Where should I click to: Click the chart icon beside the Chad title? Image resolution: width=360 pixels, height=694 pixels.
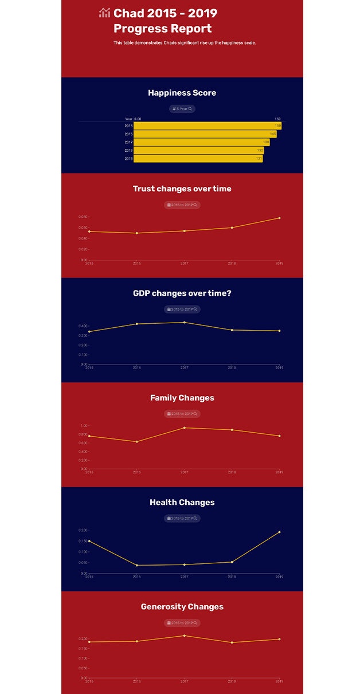104,13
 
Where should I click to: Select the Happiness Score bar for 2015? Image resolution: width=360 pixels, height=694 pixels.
207,126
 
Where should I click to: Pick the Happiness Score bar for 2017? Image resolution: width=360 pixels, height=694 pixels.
201,142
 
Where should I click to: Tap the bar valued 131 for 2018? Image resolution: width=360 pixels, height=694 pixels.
198,159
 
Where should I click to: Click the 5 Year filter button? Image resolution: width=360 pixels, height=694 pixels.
182,109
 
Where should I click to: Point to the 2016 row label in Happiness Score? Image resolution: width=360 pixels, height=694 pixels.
128,134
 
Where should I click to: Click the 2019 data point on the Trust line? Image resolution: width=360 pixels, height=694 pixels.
279,218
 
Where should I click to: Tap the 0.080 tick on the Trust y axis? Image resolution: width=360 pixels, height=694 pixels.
83,217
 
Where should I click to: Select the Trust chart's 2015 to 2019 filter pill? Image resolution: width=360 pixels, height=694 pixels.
182,205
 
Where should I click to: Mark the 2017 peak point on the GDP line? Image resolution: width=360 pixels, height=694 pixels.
184,322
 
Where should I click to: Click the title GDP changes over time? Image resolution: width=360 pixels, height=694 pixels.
182,293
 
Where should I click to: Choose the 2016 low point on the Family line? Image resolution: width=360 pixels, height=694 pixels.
136,442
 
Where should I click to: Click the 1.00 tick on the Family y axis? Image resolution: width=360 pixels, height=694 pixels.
84,426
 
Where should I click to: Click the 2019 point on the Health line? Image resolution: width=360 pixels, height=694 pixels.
279,532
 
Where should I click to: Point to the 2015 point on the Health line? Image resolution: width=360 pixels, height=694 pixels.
89,541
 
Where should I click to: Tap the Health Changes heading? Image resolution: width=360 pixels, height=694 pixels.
182,503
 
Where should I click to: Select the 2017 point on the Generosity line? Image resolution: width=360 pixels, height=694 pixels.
184,636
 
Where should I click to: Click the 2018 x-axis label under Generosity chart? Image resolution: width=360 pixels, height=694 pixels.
232,681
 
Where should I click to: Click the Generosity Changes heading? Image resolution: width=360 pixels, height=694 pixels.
182,607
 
